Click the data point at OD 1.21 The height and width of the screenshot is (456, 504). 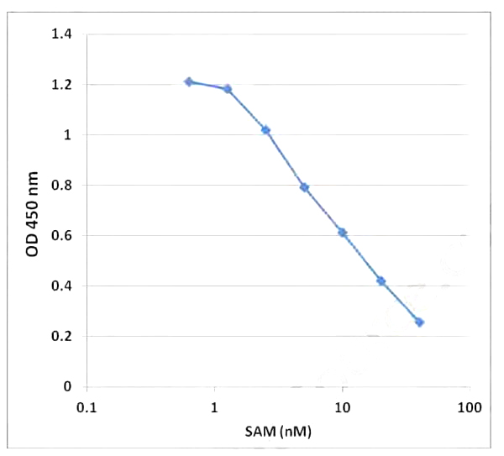click(x=188, y=81)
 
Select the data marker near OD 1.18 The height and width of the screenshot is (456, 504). click(x=227, y=88)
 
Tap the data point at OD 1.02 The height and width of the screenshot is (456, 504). click(x=265, y=130)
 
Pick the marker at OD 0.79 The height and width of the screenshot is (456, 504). click(x=304, y=187)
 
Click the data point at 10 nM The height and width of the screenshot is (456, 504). click(x=343, y=233)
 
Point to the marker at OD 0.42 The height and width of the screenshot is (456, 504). click(x=381, y=280)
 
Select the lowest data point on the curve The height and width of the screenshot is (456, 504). click(x=419, y=322)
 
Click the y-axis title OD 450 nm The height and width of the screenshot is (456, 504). click(x=34, y=211)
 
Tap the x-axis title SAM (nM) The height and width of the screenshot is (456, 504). click(x=279, y=432)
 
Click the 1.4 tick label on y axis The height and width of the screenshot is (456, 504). click(x=62, y=34)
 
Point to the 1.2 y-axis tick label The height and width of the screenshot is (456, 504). click(x=62, y=85)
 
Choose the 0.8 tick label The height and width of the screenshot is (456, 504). click(x=62, y=186)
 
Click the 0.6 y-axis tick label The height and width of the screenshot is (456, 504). click(x=62, y=236)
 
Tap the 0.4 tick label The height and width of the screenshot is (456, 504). click(x=62, y=286)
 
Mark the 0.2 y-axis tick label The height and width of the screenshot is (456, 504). click(x=62, y=337)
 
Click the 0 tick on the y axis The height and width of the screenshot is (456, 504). click(x=69, y=387)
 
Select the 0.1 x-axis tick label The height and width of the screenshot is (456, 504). click(x=87, y=408)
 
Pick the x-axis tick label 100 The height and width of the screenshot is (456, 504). click(x=470, y=408)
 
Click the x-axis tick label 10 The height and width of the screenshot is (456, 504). click(x=343, y=408)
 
